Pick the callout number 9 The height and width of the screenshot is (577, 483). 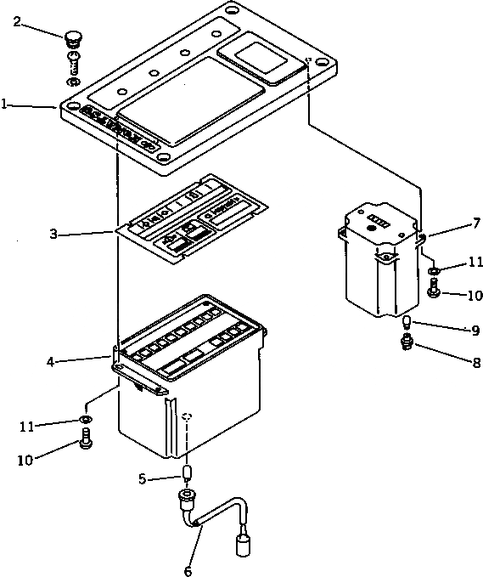(452, 331)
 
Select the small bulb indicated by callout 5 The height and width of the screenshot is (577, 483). (188, 472)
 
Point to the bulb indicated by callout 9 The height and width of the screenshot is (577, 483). (407, 323)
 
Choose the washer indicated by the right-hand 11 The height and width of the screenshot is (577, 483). (434, 271)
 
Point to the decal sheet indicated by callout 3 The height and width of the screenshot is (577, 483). (191, 218)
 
